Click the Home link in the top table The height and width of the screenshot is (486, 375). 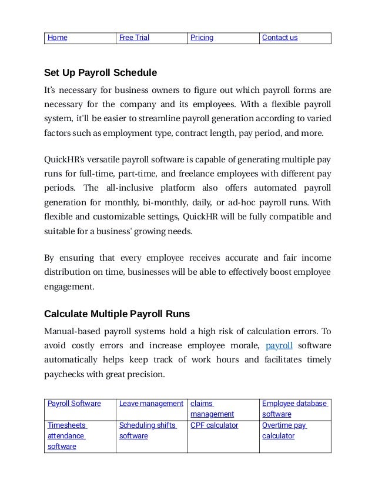point(57,38)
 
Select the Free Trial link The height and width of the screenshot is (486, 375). point(134,38)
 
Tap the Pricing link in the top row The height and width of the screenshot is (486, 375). point(201,38)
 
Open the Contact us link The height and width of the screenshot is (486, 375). point(280,38)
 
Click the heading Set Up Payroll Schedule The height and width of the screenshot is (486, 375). point(101,74)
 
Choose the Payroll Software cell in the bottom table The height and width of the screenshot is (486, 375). point(73,404)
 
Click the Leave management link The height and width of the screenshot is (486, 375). point(151,404)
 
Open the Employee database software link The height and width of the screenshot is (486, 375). point(294,409)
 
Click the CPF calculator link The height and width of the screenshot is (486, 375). point(214,425)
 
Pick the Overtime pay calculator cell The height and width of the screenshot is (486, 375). point(284,431)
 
